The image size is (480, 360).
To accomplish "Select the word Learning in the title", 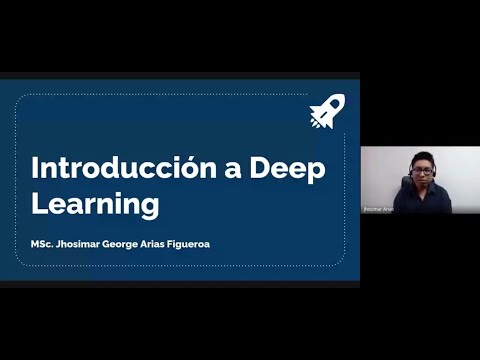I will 95,204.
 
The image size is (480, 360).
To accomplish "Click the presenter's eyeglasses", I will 422,171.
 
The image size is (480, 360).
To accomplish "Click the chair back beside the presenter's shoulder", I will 400,185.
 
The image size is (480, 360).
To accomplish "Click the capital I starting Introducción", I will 36,168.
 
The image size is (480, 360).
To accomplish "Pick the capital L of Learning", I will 39,204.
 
